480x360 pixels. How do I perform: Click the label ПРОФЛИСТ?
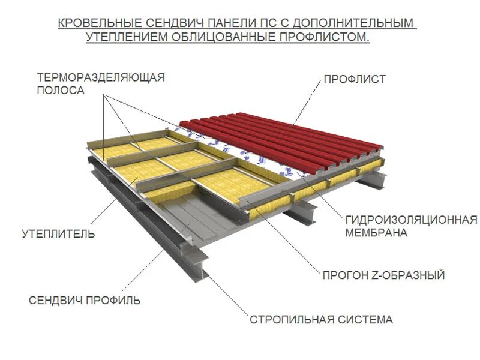click(x=355, y=79)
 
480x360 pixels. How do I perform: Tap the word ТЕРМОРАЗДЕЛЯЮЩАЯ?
click(x=100, y=77)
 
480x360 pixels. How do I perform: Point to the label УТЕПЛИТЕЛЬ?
click(x=58, y=233)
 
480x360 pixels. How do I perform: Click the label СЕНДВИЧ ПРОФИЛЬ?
click(x=85, y=300)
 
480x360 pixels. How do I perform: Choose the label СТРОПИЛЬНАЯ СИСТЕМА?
click(x=321, y=319)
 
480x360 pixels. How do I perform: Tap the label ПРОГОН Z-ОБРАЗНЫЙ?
click(x=383, y=275)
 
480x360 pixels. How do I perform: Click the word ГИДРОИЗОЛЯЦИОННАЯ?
click(x=411, y=220)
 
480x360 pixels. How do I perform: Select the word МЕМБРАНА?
click(x=376, y=233)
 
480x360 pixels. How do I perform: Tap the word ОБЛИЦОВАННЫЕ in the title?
click(x=219, y=37)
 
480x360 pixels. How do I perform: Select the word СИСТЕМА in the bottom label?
click(x=365, y=319)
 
